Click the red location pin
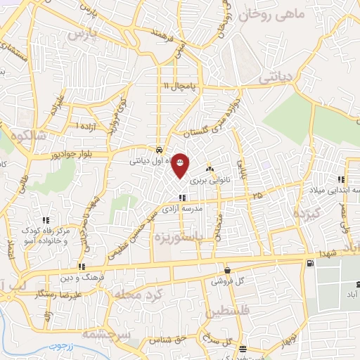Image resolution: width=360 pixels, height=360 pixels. click(181, 165)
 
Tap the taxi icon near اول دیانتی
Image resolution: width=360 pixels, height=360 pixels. click(161, 150)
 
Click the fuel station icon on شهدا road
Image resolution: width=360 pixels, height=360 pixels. click(309, 264)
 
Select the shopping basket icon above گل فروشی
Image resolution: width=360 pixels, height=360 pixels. click(226, 270)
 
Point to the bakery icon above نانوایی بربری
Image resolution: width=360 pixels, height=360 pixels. click(209, 169)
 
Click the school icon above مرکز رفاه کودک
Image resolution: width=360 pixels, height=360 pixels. click(46, 220)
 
